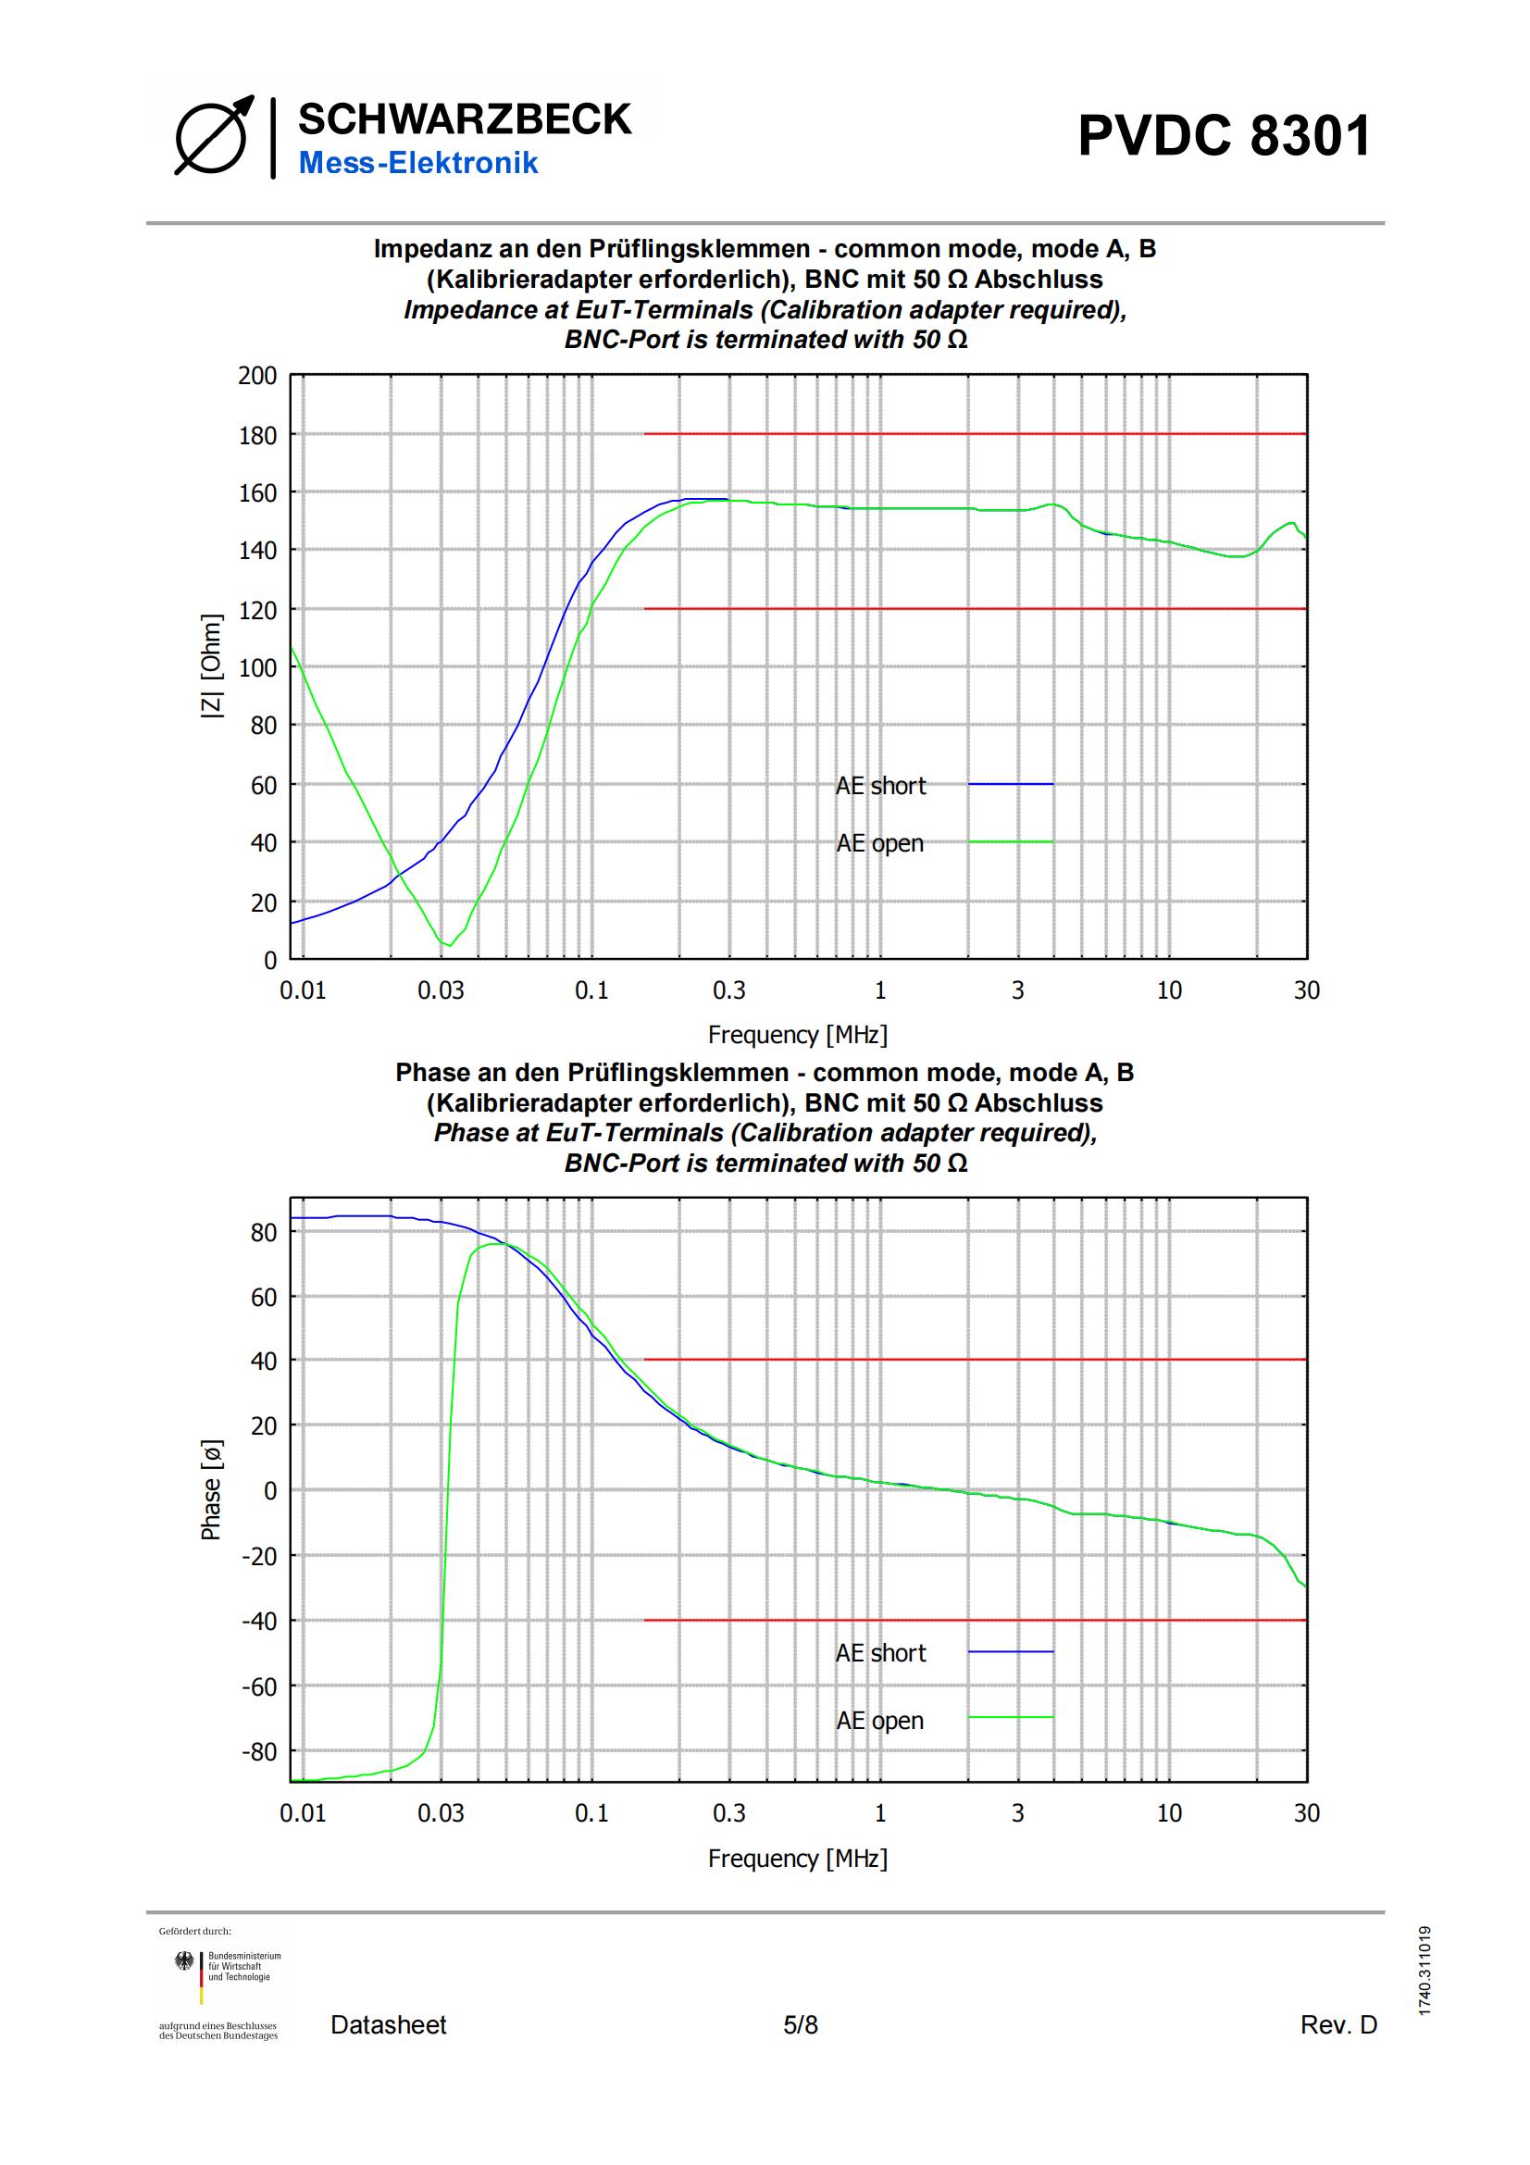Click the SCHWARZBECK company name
pos(464,119)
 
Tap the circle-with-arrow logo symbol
pos(213,136)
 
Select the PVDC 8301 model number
pos(1224,136)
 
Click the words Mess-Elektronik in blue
pos(417,163)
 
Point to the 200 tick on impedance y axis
pos(257,376)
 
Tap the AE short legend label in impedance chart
pos(880,786)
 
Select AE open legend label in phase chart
pos(879,1721)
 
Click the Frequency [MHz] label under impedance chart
pos(798,1035)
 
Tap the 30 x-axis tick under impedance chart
pos(1306,990)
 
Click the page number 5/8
pos(801,2024)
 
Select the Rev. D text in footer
pos(1338,2024)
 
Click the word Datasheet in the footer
pos(389,2024)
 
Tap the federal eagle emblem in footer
pos(185,1962)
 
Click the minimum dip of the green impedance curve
pos(449,944)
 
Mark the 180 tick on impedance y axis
pos(257,436)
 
